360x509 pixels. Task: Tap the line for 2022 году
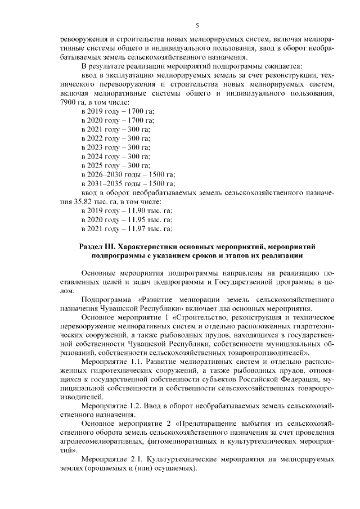pos(115,138)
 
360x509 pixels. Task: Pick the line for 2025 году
pos(115,165)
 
